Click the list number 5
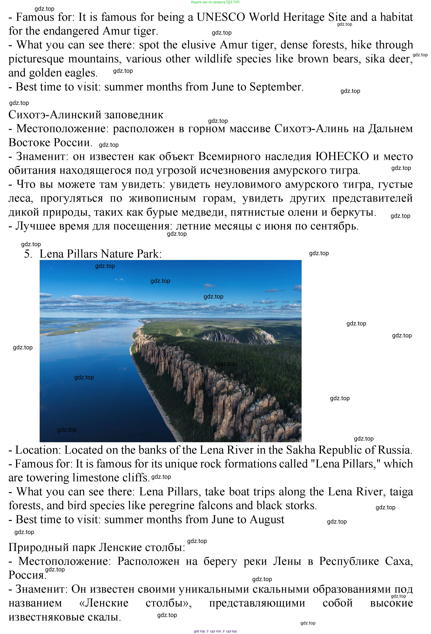(x=28, y=254)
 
